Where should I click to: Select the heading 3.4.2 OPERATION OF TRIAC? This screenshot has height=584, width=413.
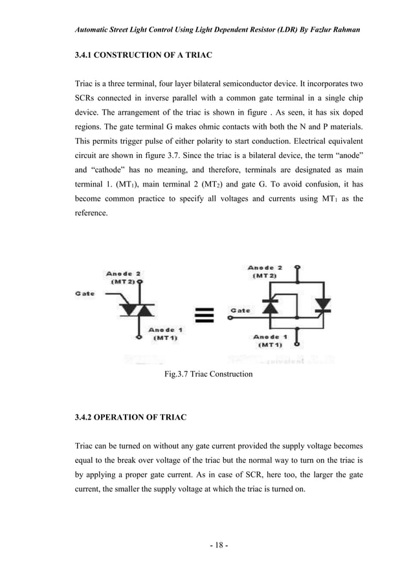pyautogui.click(x=131, y=418)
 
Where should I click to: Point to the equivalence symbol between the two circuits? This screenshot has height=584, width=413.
pyautogui.click(x=205, y=315)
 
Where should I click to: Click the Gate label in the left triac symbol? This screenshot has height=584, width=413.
pyautogui.click(x=85, y=293)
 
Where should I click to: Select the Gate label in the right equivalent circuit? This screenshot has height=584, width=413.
pyautogui.click(x=240, y=311)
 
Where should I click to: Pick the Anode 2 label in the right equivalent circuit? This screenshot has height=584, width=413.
pyautogui.click(x=265, y=271)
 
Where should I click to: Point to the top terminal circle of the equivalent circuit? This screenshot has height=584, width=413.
pyautogui.click(x=297, y=267)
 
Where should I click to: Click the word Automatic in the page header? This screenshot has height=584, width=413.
pyautogui.click(x=94, y=30)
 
